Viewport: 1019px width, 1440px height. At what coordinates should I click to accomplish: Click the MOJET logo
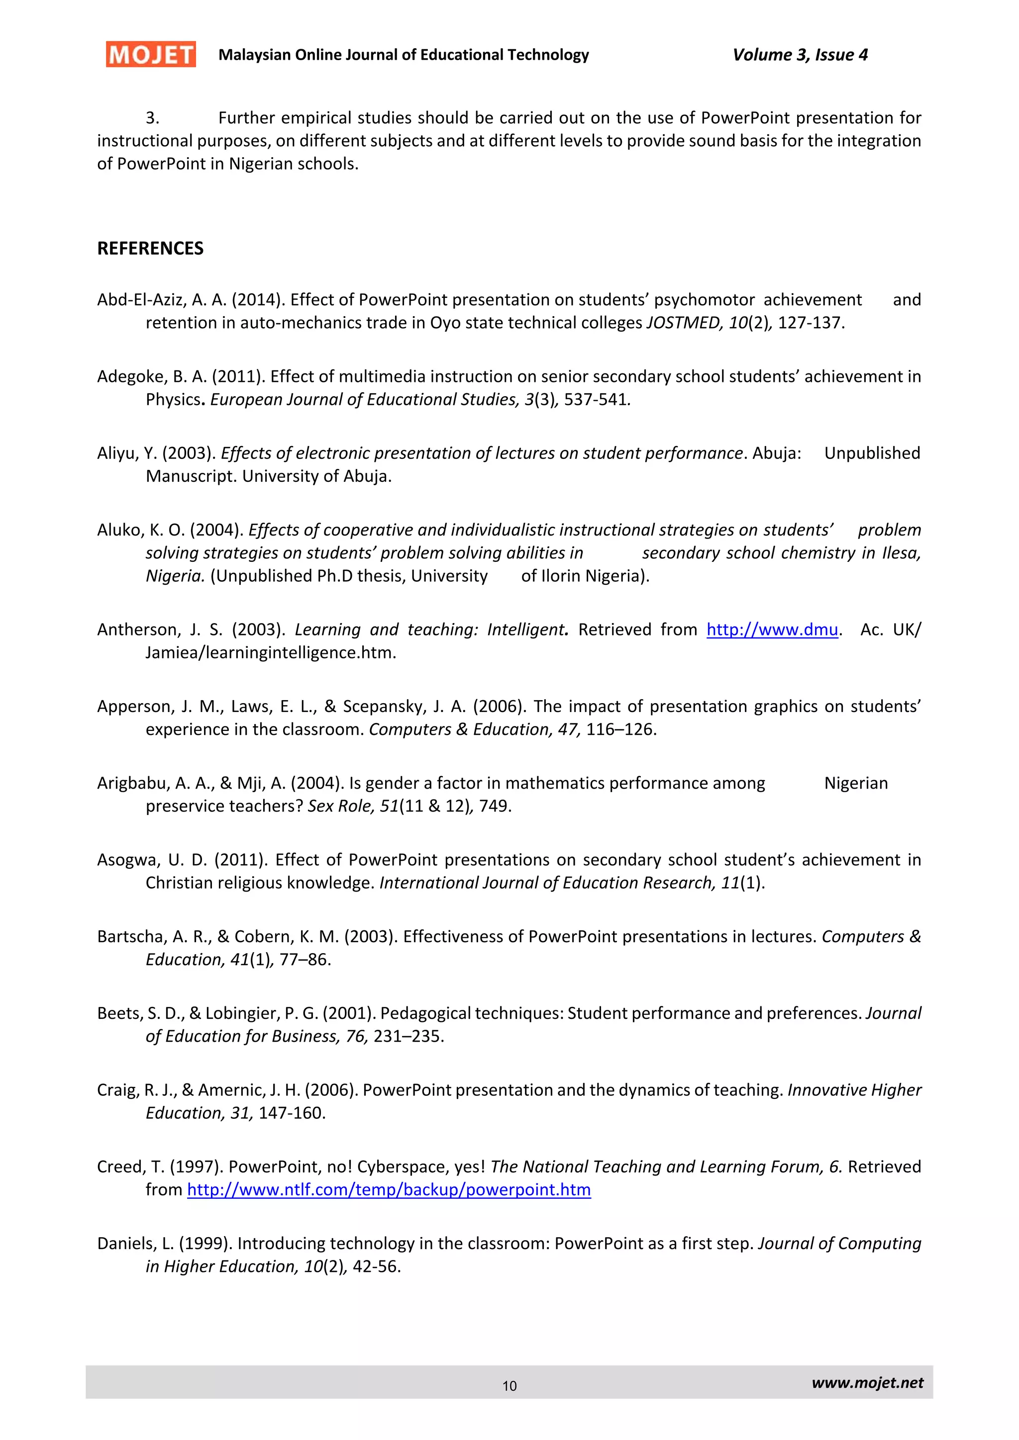coord(151,55)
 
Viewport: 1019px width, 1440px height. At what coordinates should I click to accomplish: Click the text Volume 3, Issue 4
coord(800,55)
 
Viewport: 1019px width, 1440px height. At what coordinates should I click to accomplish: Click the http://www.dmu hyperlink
coord(772,630)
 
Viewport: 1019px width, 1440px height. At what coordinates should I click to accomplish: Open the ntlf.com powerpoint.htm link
coord(389,1190)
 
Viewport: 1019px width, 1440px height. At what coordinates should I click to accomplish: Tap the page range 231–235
coord(408,1037)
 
